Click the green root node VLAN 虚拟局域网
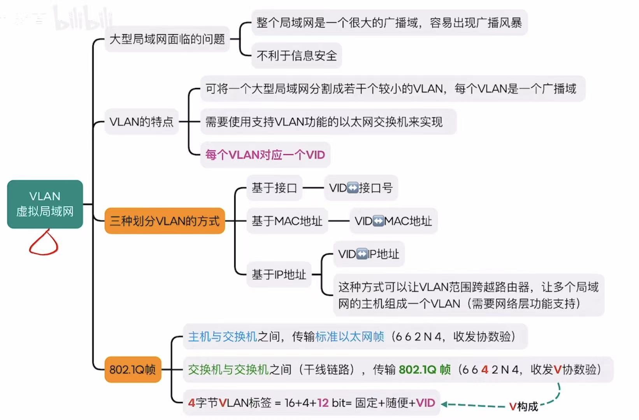coord(45,204)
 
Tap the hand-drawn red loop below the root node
coord(44,244)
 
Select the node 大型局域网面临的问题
coord(167,39)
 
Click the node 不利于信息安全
coord(297,56)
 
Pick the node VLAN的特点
coord(141,122)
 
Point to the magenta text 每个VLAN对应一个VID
coord(265,155)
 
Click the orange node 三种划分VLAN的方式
coord(165,221)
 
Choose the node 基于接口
coord(274,188)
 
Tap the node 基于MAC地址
coord(287,221)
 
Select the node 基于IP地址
coord(279,275)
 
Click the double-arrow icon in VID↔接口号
coord(353,188)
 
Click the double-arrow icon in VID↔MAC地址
coord(378,221)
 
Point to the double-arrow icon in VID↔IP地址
coord(362,254)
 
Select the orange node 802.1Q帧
coord(132,369)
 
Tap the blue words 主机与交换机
coord(223,336)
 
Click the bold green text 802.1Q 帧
coord(425,369)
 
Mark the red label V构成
coord(523,406)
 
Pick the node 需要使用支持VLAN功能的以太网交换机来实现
coord(324,122)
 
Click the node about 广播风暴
coord(389,23)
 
